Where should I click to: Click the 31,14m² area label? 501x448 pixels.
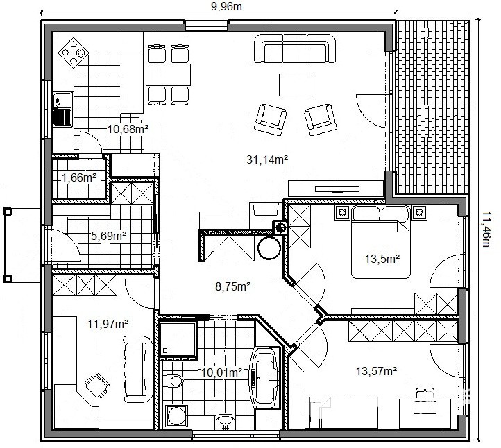(x=267, y=160)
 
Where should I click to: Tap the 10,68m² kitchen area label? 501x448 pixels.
(x=128, y=129)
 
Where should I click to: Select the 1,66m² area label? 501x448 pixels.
(x=79, y=178)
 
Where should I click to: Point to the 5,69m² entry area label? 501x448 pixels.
(x=109, y=236)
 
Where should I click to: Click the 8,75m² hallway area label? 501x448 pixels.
(x=232, y=286)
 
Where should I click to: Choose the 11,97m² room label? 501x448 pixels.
(x=108, y=324)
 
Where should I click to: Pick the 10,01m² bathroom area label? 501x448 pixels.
(x=221, y=372)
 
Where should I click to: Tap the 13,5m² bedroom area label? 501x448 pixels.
(x=382, y=259)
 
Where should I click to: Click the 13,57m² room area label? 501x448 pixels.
(x=376, y=371)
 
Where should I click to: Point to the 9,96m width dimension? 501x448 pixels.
(x=226, y=6)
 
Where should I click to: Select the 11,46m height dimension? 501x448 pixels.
(x=486, y=229)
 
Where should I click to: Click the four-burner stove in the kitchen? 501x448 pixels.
(x=74, y=53)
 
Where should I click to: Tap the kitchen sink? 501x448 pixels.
(x=63, y=110)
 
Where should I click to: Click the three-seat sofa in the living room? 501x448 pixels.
(x=295, y=49)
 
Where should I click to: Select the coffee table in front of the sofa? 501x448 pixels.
(x=296, y=85)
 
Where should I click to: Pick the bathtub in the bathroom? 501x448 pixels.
(x=264, y=377)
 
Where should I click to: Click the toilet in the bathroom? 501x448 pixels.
(x=173, y=381)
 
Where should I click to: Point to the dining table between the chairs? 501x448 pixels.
(x=169, y=75)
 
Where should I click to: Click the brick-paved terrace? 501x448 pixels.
(x=432, y=107)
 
